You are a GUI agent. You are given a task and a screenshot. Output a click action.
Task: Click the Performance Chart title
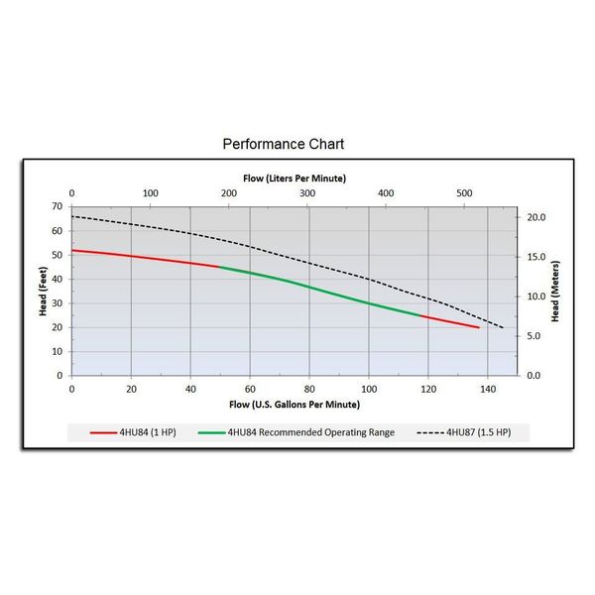283,144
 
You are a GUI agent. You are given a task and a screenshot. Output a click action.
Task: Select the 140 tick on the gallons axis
488,389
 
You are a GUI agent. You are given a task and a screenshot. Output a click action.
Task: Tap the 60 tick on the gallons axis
250,389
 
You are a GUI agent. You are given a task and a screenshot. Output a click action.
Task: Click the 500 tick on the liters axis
465,193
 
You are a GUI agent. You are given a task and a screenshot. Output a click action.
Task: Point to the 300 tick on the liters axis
307,193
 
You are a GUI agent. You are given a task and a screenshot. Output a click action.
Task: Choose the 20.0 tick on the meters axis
535,217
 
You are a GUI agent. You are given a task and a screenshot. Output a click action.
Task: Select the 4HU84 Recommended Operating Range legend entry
297,432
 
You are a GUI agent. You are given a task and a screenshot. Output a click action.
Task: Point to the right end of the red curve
479,327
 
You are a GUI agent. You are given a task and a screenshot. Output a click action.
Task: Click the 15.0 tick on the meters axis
535,257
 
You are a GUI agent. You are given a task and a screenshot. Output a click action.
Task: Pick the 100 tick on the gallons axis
369,389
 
